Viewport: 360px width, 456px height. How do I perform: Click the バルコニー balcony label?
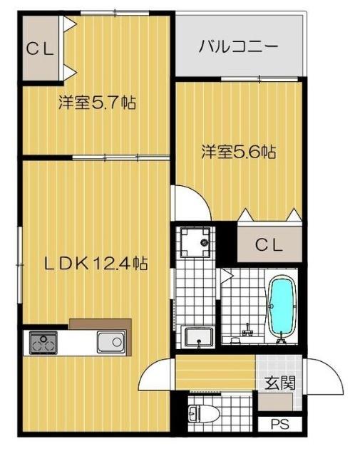click(238, 48)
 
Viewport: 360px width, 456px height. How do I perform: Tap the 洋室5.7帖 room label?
click(97, 103)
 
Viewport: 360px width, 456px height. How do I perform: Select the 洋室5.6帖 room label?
click(238, 151)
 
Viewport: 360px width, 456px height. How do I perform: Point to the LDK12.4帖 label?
click(97, 264)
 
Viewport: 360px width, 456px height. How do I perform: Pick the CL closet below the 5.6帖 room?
click(269, 244)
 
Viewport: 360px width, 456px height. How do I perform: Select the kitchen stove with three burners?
click(43, 343)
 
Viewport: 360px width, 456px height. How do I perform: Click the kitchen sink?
click(111, 343)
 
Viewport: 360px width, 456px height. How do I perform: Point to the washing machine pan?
click(194, 243)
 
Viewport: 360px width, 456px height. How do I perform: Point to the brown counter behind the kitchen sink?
click(101, 325)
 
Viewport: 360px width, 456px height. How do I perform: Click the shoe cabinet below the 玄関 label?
click(274, 401)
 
